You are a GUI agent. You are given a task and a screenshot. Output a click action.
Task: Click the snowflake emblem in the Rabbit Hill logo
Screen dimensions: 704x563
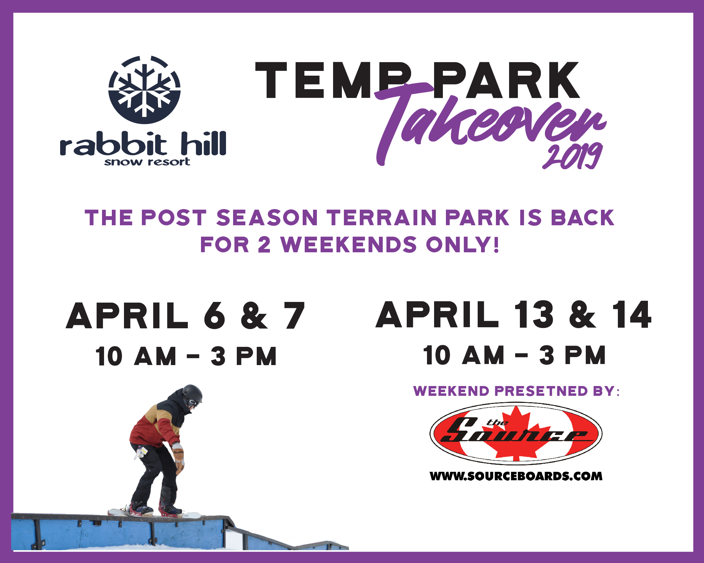pos(145,90)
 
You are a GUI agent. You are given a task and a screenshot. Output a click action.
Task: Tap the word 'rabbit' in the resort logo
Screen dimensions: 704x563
pos(114,144)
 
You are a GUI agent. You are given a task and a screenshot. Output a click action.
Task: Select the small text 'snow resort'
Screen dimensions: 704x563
pos(147,162)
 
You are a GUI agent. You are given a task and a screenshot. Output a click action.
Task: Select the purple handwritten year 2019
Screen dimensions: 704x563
pos(573,156)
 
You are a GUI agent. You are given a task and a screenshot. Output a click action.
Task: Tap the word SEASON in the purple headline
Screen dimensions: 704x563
pos(267,217)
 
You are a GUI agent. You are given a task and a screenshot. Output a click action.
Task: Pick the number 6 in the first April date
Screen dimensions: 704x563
pos(215,315)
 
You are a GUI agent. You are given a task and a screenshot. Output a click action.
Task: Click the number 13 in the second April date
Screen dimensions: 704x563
pos(533,314)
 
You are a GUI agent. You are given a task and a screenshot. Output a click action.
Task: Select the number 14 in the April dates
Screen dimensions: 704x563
pos(631,314)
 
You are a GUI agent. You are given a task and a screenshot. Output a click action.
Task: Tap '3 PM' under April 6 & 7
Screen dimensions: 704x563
pos(244,356)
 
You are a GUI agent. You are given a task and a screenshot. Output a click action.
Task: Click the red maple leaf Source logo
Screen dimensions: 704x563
pos(516,433)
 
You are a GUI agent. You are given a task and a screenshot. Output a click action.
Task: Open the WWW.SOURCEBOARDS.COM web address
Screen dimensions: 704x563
pos(516,476)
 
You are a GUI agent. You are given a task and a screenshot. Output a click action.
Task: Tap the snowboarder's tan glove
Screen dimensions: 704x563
pos(178,458)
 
